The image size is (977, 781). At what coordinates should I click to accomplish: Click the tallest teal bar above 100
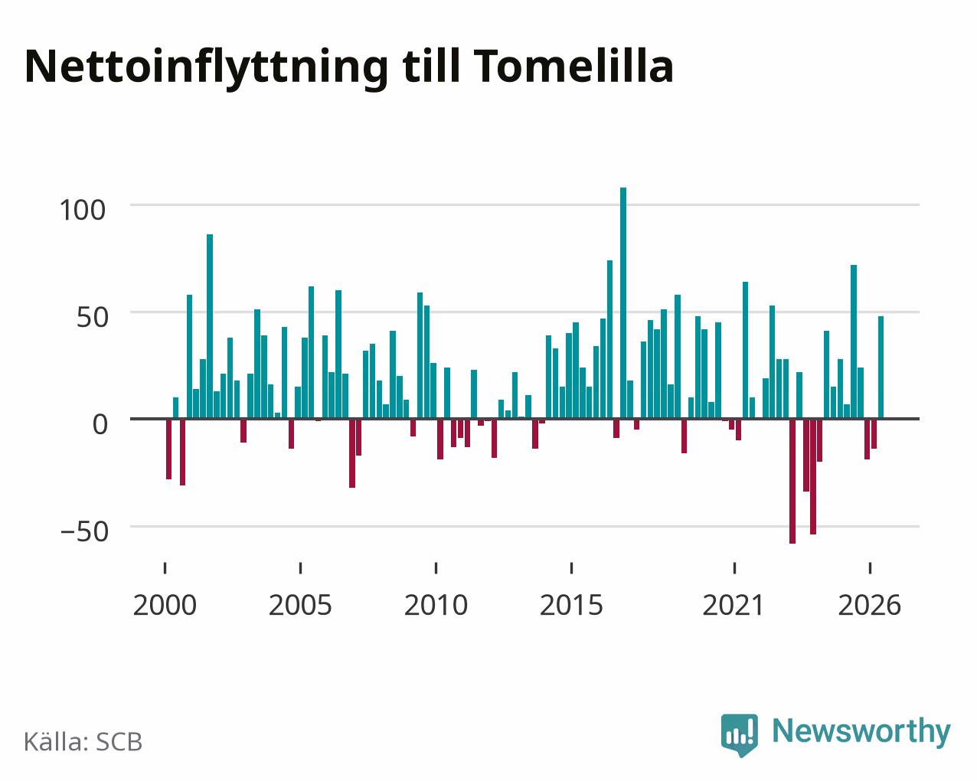(623, 302)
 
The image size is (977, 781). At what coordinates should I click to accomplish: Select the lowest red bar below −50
(792, 481)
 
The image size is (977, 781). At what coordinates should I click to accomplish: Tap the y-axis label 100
(82, 210)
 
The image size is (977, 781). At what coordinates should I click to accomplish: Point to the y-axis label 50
(93, 317)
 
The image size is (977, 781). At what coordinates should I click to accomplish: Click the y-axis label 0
(100, 424)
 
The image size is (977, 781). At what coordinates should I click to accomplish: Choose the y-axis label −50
(85, 531)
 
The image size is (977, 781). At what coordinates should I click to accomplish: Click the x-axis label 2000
(165, 605)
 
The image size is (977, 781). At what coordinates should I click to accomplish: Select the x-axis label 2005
(300, 605)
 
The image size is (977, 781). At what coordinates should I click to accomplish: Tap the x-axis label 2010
(436, 605)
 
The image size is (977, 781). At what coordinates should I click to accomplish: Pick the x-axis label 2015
(571, 605)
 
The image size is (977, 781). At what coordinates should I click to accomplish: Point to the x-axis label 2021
(734, 605)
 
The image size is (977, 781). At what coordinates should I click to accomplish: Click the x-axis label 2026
(869, 605)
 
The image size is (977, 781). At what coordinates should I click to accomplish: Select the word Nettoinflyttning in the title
(206, 68)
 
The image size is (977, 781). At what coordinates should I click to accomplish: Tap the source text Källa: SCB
(83, 742)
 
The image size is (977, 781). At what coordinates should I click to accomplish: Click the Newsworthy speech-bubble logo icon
(740, 734)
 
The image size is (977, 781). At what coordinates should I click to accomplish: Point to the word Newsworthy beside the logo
(861, 732)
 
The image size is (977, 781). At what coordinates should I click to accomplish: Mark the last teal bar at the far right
(881, 367)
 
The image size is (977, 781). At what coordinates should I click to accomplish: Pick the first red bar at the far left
(169, 449)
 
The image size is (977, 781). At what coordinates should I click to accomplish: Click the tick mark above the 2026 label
(870, 568)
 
